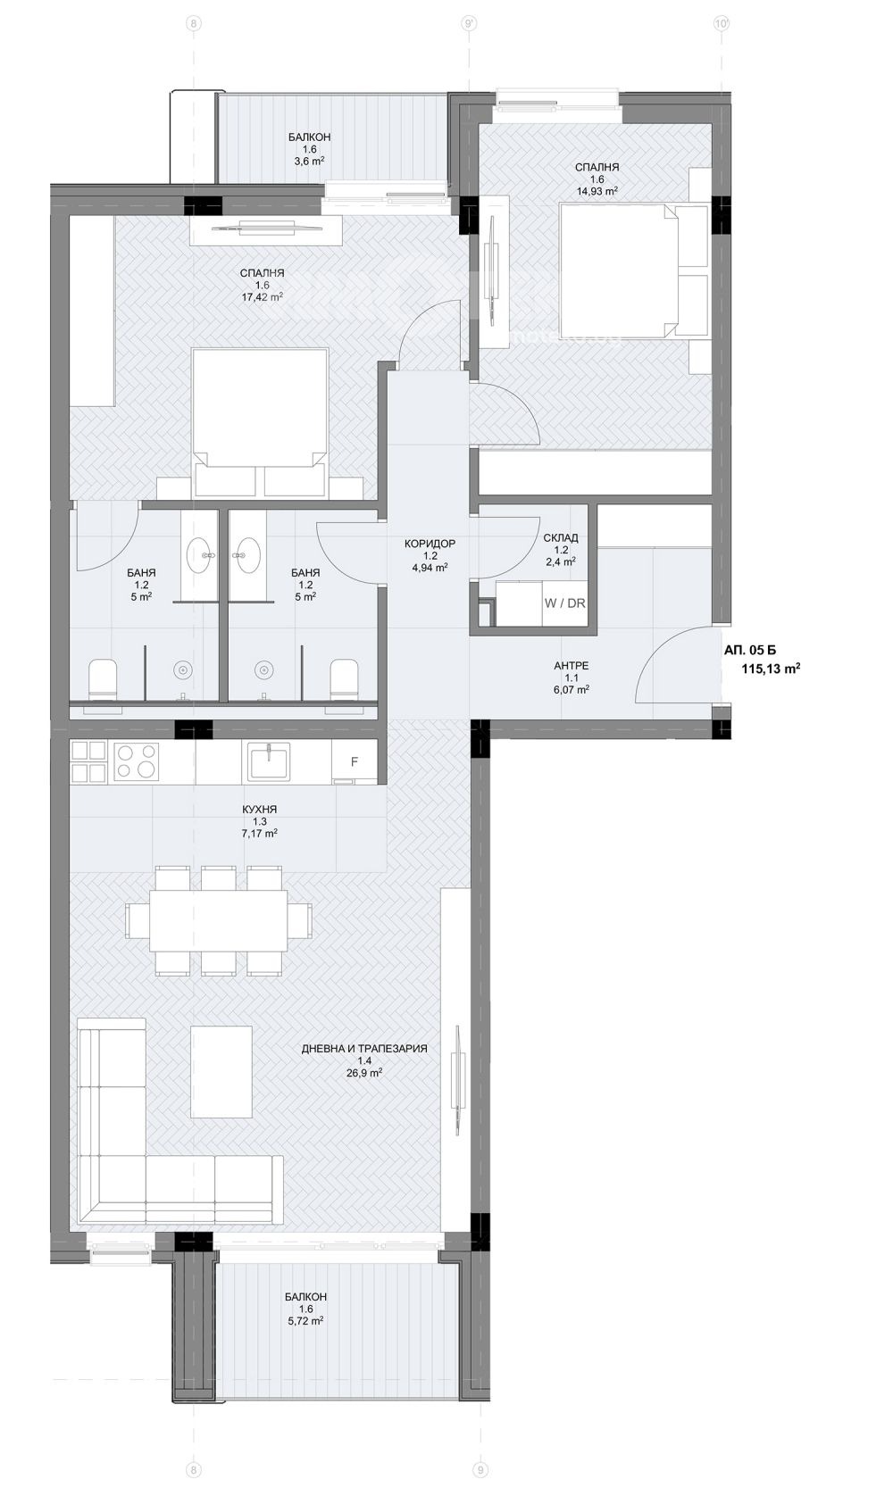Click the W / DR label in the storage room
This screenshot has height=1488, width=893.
[564, 603]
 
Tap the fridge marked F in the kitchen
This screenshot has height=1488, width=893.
[355, 761]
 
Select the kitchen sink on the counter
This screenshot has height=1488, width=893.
[269, 761]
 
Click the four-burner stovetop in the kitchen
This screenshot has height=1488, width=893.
[137, 761]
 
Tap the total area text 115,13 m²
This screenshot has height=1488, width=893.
[771, 669]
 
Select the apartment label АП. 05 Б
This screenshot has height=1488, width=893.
[749, 651]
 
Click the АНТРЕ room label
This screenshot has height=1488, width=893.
[572, 666]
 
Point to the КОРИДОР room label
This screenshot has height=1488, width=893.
[430, 544]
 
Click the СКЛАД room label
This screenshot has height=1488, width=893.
[561, 537]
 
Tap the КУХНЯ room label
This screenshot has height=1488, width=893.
[259, 809]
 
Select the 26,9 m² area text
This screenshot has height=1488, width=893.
[364, 1072]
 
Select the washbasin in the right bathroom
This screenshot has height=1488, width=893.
[248, 553]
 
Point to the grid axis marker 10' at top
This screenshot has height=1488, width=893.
[721, 24]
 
